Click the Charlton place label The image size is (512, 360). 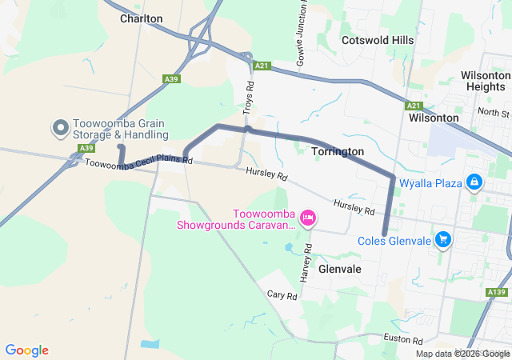coord(141,18)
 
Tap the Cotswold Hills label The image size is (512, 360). coord(378,40)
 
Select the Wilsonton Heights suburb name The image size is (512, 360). coord(484,80)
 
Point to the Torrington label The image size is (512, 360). coord(338,151)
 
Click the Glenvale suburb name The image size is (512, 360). coord(340,270)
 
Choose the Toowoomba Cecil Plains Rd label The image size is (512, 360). coord(138,162)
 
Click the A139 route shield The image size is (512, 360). coord(496,294)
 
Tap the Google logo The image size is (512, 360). coord(27,350)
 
